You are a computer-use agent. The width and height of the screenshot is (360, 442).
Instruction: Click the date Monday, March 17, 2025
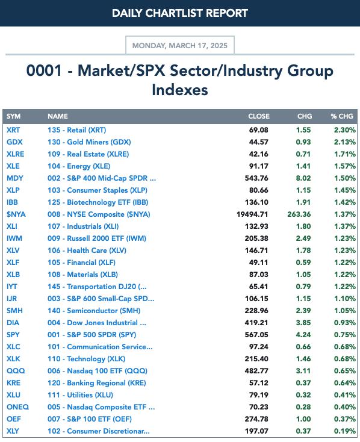point(180,45)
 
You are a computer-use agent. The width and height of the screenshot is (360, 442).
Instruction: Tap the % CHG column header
point(342,116)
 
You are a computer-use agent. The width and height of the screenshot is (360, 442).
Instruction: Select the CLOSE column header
point(259,116)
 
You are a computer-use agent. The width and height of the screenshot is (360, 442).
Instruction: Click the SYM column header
point(13,116)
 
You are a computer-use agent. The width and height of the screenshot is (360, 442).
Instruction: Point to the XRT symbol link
point(13,130)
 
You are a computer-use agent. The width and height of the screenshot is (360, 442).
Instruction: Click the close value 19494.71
point(252,214)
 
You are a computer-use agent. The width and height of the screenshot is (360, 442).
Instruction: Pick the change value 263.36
point(299,214)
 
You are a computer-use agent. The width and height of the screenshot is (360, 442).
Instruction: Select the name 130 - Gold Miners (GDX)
point(89,142)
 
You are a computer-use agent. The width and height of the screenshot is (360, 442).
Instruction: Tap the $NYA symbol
point(16,214)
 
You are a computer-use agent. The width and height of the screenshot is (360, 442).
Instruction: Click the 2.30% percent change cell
point(345,130)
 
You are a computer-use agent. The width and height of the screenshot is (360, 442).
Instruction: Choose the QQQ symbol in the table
point(16,371)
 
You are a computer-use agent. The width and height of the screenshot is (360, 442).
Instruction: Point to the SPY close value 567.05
point(256,335)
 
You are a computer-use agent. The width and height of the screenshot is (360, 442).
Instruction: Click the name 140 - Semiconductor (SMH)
point(94,311)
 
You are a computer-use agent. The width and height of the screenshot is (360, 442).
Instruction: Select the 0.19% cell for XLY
point(345,431)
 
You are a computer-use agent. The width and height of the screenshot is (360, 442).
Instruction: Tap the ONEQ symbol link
point(18,407)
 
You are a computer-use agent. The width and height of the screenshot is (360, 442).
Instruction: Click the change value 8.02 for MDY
point(303,178)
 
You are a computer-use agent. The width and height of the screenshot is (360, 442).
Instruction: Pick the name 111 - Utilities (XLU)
point(80,395)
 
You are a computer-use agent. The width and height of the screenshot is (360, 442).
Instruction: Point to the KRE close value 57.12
point(258,383)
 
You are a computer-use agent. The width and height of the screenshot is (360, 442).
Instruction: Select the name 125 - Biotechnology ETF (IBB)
point(98,202)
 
